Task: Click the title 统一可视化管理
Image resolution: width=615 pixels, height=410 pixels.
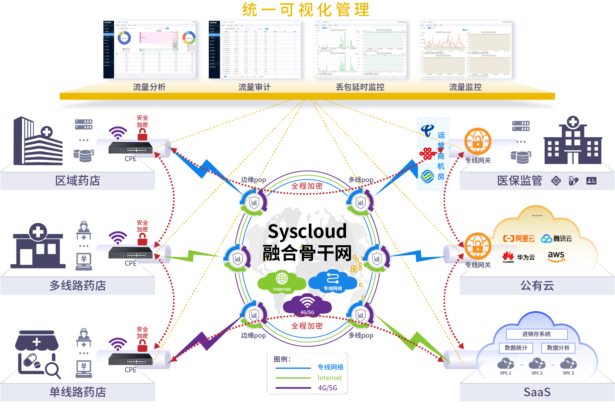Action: click(x=306, y=10)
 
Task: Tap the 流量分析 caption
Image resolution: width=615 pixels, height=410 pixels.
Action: click(x=149, y=87)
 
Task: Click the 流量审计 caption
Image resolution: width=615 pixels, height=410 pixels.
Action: click(x=254, y=87)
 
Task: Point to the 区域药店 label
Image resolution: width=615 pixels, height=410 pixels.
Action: click(x=77, y=180)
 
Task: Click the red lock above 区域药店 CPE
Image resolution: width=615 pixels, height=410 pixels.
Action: click(x=142, y=135)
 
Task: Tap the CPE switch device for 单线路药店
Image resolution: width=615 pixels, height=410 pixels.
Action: click(x=130, y=359)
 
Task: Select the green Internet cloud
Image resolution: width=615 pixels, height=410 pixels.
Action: click(x=282, y=281)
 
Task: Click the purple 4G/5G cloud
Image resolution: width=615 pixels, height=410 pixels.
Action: click(x=307, y=305)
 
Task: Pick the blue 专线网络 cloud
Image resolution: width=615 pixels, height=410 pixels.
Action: click(x=333, y=281)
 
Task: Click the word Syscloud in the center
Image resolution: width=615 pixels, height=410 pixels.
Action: click(x=307, y=231)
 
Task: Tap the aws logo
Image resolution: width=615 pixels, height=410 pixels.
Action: click(x=556, y=256)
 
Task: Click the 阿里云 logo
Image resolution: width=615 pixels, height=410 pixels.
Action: click(x=519, y=239)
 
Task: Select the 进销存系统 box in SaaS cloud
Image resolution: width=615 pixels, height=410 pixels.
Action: click(x=536, y=334)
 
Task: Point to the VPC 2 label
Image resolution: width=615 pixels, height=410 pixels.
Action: click(x=537, y=373)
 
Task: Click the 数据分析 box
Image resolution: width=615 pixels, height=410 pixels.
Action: click(x=558, y=348)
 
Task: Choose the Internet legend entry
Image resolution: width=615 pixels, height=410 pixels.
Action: click(x=330, y=378)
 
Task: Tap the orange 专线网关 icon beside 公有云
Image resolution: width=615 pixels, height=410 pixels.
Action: click(x=478, y=245)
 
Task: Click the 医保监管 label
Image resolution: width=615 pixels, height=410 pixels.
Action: click(x=519, y=180)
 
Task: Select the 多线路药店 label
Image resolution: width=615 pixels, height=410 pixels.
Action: click(x=77, y=285)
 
